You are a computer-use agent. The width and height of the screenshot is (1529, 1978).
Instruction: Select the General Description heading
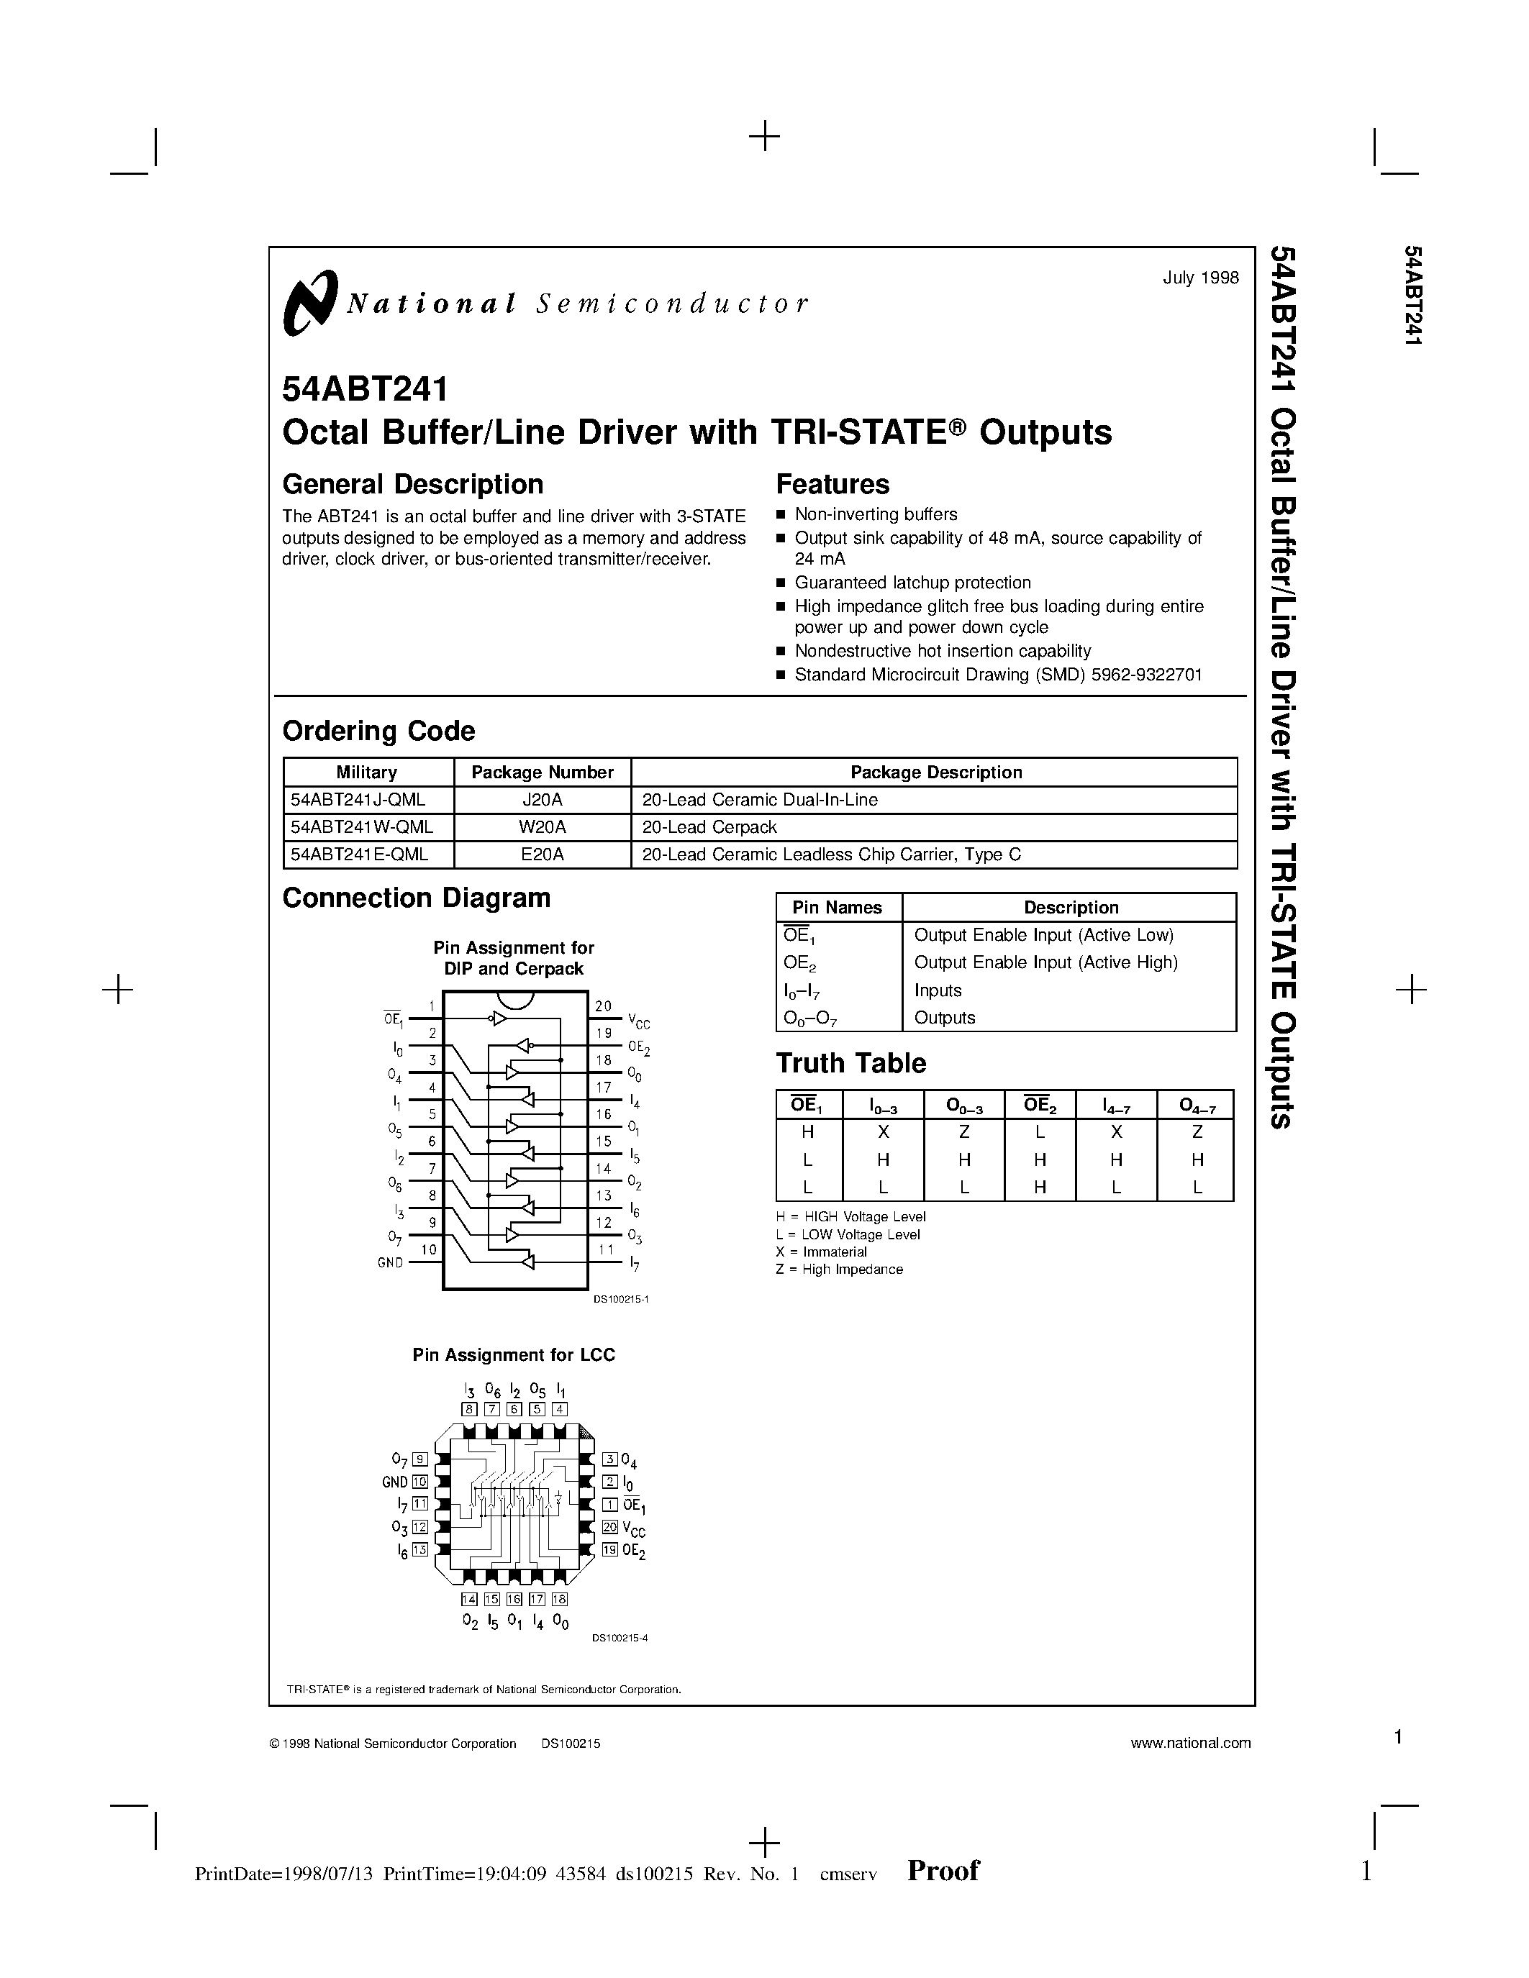tap(412, 485)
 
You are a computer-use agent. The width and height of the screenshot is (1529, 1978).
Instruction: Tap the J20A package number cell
tap(542, 801)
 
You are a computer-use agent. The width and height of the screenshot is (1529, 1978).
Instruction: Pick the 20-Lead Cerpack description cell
tap(709, 828)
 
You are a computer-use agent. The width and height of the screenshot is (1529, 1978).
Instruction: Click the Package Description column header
tap(935, 772)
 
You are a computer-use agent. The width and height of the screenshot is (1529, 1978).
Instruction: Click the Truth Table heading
tap(850, 1063)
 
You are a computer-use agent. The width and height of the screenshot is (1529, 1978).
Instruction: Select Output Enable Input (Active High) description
tap(1045, 962)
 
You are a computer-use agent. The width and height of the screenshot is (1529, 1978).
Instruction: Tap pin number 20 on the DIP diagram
tap(603, 1006)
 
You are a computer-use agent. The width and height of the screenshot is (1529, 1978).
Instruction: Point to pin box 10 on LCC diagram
tap(419, 1482)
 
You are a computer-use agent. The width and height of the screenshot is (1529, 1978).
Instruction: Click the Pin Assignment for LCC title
tap(514, 1355)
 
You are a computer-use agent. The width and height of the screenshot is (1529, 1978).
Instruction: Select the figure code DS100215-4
tap(620, 1638)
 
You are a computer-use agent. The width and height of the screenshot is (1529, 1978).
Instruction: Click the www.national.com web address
tap(1190, 1744)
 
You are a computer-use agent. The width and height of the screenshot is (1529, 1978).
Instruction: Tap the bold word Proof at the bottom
tap(943, 1871)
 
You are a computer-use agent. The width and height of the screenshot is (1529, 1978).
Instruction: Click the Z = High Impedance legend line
tap(839, 1270)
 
